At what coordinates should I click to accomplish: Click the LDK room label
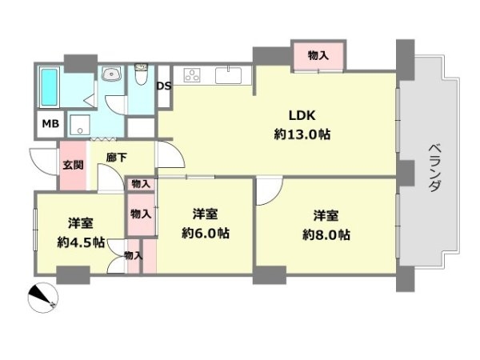click(x=302, y=116)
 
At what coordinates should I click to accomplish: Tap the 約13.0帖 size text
click(x=302, y=134)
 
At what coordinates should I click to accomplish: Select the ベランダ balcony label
click(x=434, y=168)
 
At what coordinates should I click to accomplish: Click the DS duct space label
click(x=164, y=86)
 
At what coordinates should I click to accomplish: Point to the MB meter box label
click(x=50, y=124)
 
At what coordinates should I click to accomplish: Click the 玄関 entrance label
click(x=73, y=165)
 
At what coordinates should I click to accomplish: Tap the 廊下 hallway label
click(x=116, y=158)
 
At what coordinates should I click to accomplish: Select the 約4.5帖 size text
click(x=81, y=242)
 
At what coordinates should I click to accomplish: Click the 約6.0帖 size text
click(x=206, y=234)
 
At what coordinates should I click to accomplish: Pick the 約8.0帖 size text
click(x=326, y=234)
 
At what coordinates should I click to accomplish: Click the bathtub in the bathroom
click(x=50, y=87)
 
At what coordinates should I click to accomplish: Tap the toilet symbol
click(x=142, y=74)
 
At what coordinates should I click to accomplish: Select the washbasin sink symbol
click(x=112, y=74)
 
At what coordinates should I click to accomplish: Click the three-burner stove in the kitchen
click(x=192, y=75)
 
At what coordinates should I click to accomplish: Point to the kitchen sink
click(x=228, y=75)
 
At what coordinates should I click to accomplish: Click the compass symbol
click(x=43, y=298)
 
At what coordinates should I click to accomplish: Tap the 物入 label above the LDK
click(x=318, y=56)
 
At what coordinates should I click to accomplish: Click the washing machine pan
click(x=80, y=125)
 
